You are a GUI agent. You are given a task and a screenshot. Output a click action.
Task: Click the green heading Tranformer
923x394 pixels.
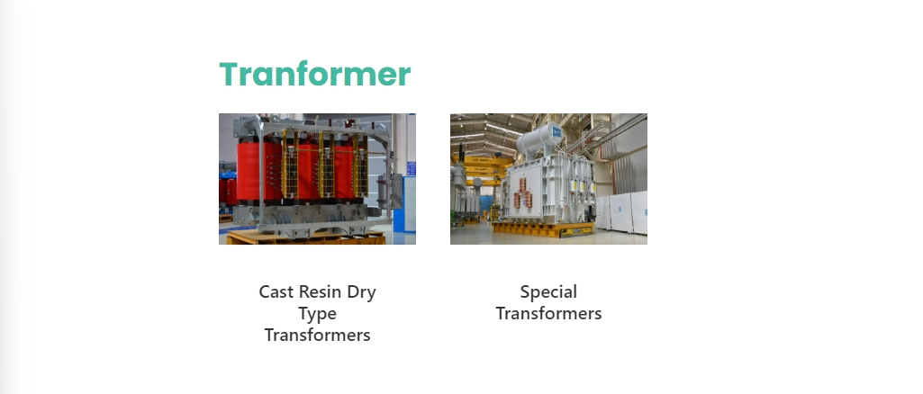[x=315, y=75]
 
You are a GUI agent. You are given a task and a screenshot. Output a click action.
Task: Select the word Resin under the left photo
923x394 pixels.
[x=321, y=291]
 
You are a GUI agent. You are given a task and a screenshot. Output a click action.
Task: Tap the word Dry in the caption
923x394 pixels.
[x=361, y=292]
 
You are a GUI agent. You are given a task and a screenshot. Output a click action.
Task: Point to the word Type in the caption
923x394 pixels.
[x=317, y=314]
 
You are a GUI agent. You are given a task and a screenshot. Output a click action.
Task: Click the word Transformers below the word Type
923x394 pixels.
[x=317, y=336]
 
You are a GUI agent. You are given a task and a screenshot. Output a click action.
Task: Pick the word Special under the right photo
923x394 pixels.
[x=548, y=292]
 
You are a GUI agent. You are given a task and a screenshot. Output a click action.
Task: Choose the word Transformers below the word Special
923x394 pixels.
[x=548, y=313]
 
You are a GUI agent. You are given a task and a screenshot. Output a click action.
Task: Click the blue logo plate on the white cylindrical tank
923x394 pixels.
[x=557, y=132]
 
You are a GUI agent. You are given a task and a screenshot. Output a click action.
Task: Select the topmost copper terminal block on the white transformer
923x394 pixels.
[x=522, y=184]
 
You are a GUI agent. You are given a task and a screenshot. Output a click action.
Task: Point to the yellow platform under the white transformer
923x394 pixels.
[x=541, y=228]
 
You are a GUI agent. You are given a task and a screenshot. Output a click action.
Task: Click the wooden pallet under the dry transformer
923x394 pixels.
[x=306, y=237]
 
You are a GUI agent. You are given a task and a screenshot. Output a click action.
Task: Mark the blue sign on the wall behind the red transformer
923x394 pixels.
[x=411, y=168]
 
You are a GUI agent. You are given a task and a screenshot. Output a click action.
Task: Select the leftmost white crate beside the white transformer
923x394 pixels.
[x=602, y=211]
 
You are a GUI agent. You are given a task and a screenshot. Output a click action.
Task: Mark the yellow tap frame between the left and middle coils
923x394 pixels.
[x=290, y=164]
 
